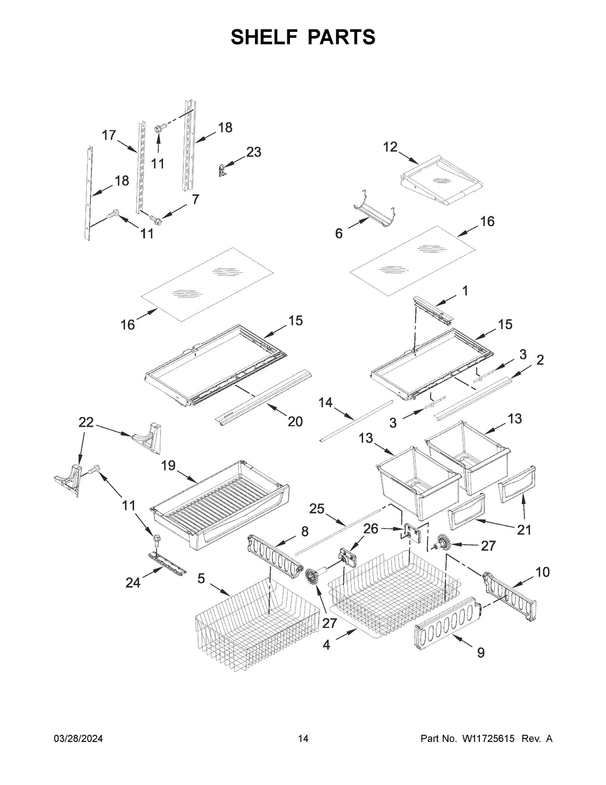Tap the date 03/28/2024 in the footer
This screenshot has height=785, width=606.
(78, 739)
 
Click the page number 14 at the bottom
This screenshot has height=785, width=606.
(302, 739)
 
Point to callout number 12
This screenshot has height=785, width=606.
(390, 147)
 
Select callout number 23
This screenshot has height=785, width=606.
(254, 152)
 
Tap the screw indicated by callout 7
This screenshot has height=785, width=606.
(156, 219)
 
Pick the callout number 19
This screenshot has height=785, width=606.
(168, 465)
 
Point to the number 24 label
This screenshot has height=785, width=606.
(133, 583)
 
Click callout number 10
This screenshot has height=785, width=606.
(542, 572)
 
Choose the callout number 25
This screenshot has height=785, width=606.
(317, 509)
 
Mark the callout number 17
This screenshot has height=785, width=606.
(109, 135)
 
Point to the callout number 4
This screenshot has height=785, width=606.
(327, 645)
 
